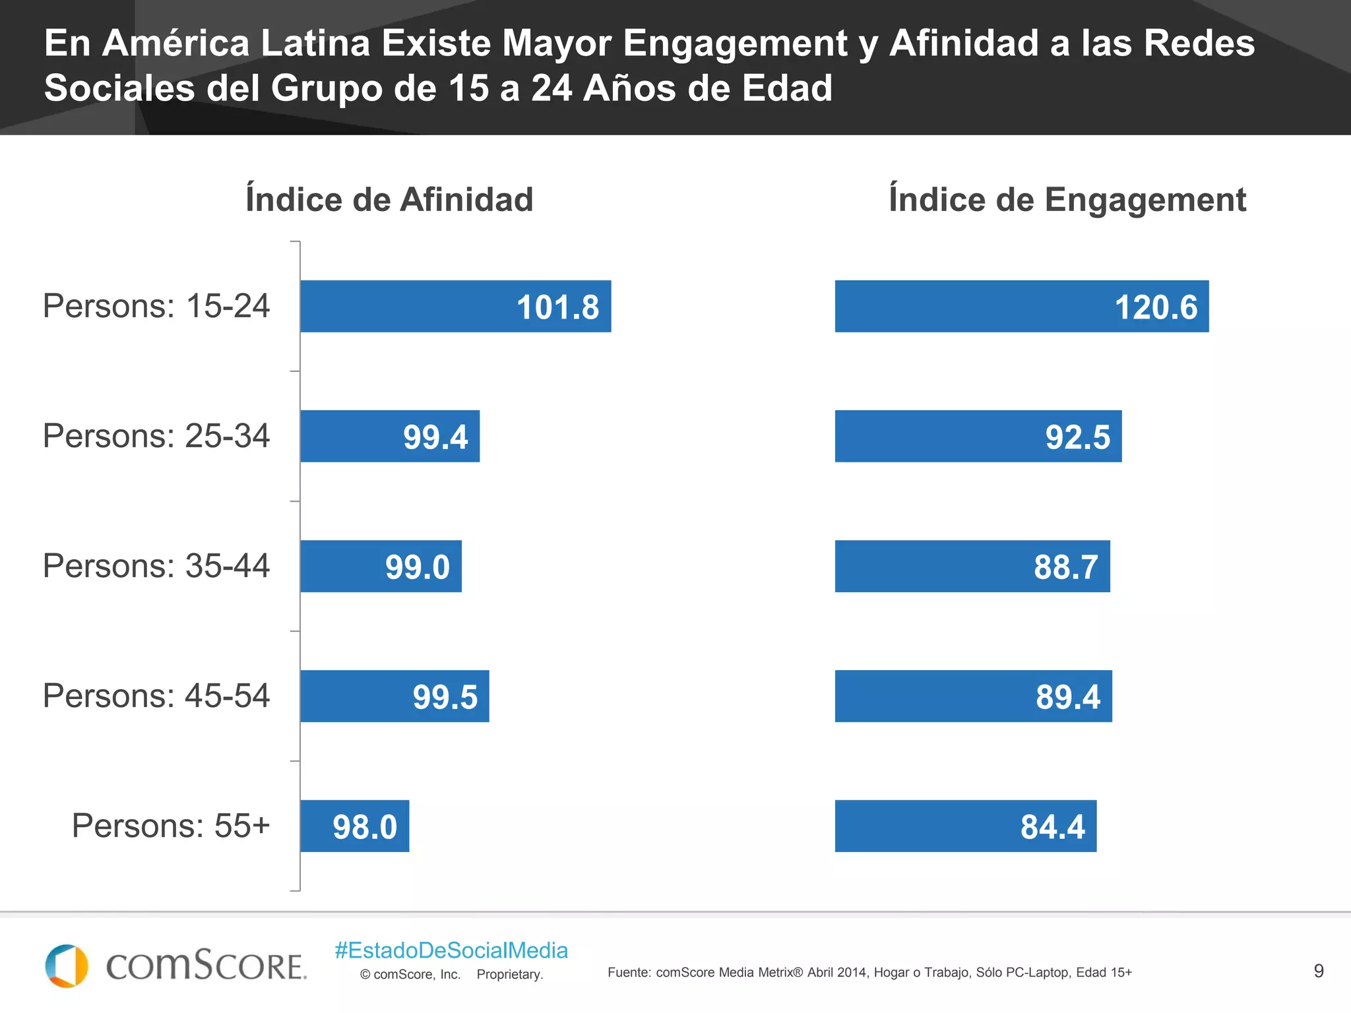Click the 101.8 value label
pos(557,307)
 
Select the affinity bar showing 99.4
pos(389,436)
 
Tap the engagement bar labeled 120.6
pos(1021,306)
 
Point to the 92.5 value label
pos(1077,437)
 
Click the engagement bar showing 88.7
pos(972,566)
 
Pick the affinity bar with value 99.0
pos(381,566)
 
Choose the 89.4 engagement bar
pos(973,696)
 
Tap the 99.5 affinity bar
pos(394,696)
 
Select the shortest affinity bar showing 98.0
pos(354,826)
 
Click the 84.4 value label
pos(1052,827)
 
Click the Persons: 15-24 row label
pos(156,306)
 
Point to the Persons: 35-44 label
pos(156,566)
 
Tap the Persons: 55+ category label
pos(171,826)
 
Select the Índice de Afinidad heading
pos(389,199)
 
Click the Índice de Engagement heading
pos(1067,199)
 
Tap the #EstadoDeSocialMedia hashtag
pos(451,950)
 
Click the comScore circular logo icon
pos(66,966)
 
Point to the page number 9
pos(1318,971)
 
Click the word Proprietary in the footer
pos(509,974)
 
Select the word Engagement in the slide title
pos(734,44)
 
